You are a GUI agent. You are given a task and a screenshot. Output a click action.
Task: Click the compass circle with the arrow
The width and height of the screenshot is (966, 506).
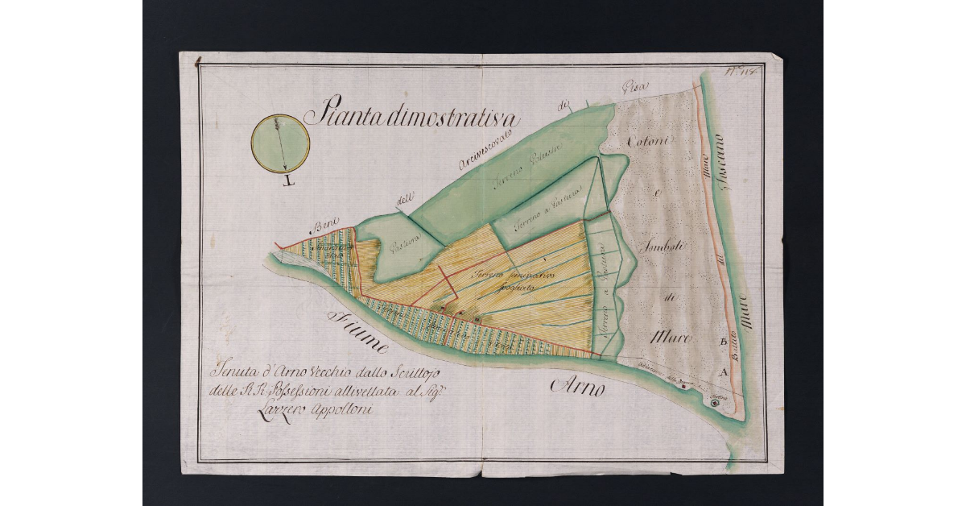280,143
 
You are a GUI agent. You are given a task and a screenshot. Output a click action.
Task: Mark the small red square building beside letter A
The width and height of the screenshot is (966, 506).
683,386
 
